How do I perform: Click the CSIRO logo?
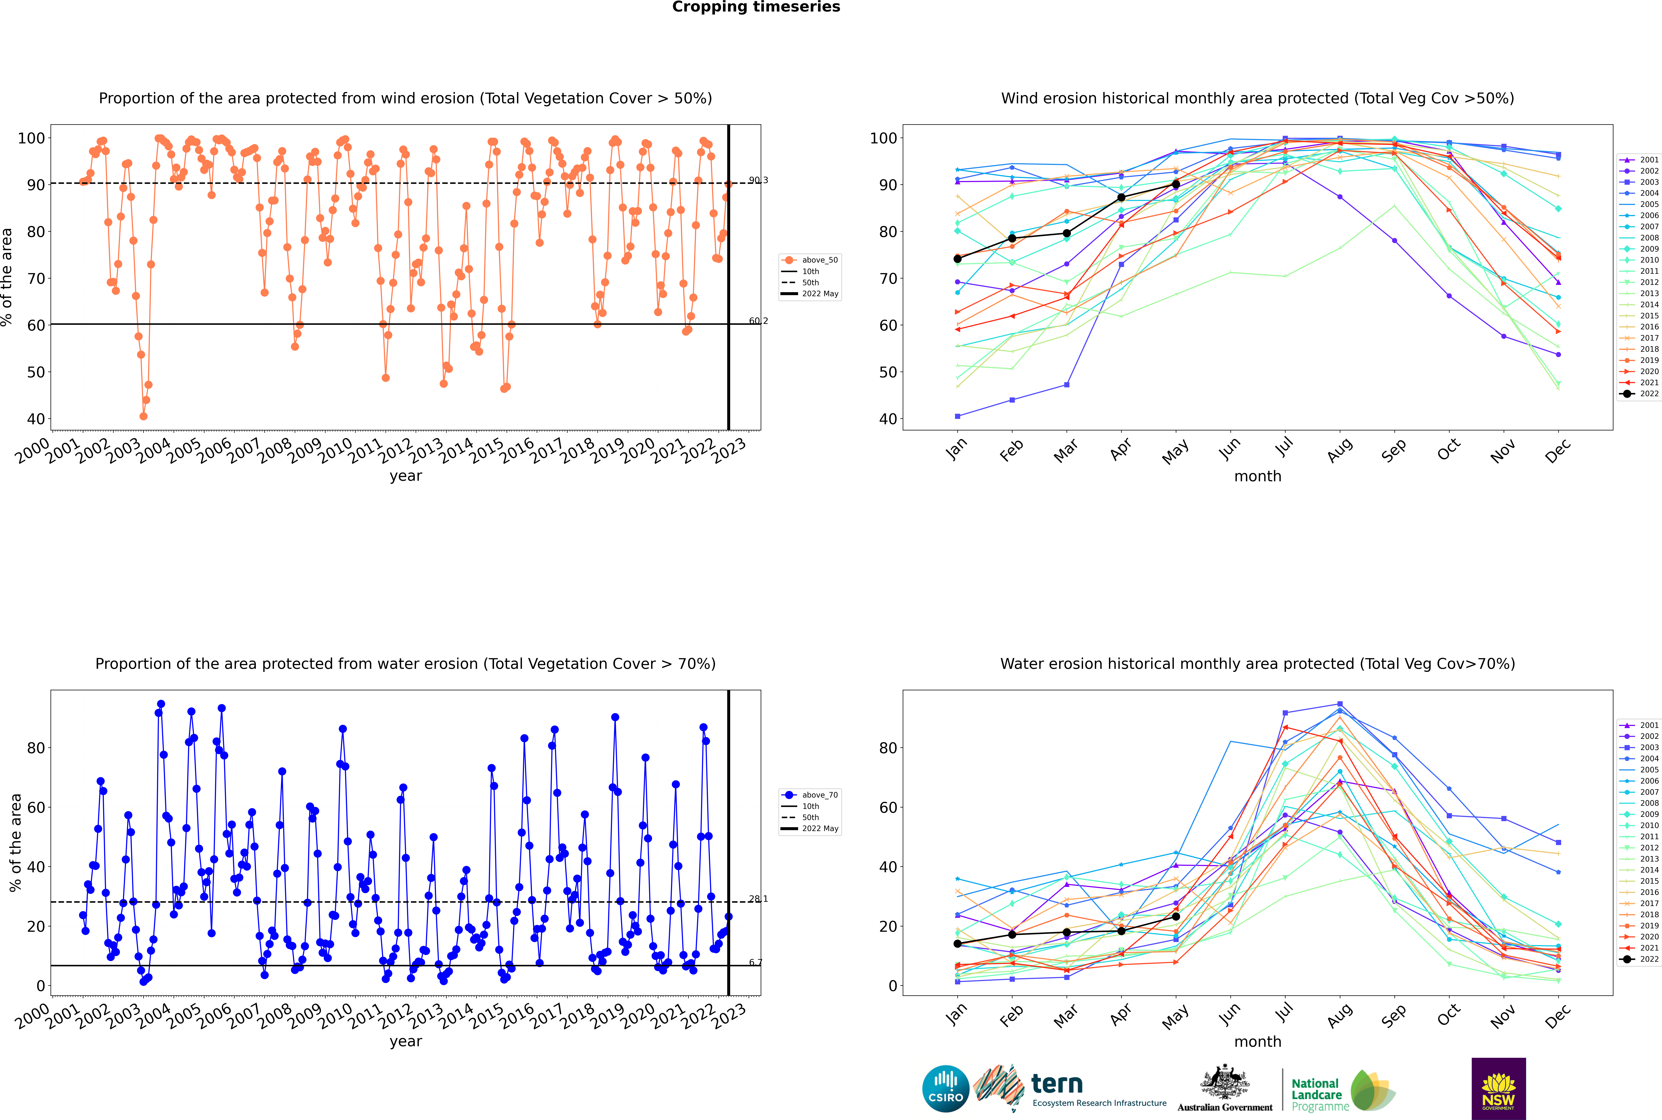[x=945, y=1089]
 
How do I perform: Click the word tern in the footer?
[x=1057, y=1084]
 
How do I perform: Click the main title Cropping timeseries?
[x=756, y=7]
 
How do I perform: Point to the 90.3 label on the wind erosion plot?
[x=758, y=180]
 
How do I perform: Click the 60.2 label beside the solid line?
[x=758, y=321]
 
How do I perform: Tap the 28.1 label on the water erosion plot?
[x=758, y=899]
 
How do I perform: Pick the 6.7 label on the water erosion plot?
[x=755, y=962]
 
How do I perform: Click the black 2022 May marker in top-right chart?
[x=1175, y=184]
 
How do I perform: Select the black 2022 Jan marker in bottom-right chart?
[x=958, y=944]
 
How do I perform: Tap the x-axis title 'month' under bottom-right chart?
[x=1258, y=1041]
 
